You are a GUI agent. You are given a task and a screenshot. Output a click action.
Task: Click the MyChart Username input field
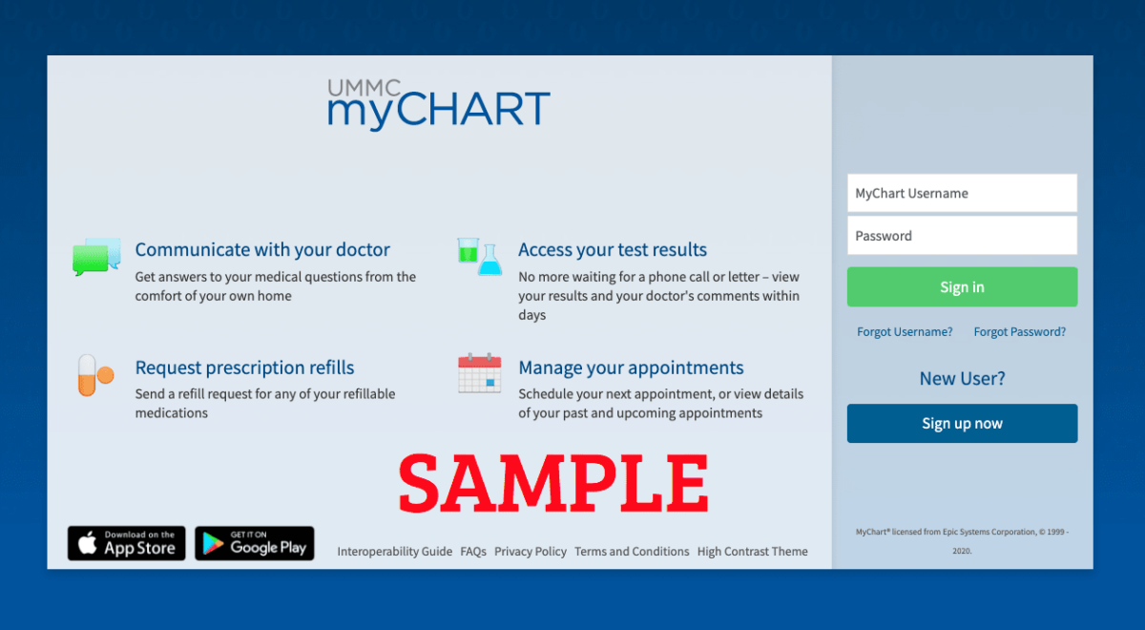click(x=962, y=193)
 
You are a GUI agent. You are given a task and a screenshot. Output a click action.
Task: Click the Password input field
click(x=962, y=235)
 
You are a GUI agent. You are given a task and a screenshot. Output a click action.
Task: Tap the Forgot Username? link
click(x=905, y=332)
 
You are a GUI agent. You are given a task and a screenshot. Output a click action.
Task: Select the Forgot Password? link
click(x=1020, y=332)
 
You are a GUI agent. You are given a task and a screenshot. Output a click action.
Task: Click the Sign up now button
click(x=962, y=424)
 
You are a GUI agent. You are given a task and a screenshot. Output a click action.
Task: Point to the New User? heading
click(x=962, y=378)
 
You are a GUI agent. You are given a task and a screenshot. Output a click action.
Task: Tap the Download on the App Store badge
click(x=127, y=543)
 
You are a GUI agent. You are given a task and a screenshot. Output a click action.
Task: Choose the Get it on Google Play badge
click(x=255, y=543)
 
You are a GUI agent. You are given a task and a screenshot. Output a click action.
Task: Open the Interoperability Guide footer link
click(x=395, y=552)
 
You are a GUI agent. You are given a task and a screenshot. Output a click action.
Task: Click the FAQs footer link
click(x=473, y=552)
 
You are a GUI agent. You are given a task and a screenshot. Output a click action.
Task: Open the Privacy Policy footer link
click(x=531, y=552)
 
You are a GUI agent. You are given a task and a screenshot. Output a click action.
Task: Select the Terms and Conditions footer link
click(x=632, y=552)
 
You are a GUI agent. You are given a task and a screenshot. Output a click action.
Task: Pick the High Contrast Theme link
click(x=753, y=552)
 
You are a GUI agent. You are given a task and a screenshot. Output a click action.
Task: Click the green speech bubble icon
click(x=91, y=260)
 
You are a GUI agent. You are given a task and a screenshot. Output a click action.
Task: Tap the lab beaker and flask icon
click(x=479, y=257)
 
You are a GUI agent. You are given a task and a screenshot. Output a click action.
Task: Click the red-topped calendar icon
click(x=479, y=373)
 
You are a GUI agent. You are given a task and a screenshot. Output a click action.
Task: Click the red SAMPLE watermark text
click(x=553, y=483)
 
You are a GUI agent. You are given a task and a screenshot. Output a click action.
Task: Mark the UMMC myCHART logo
click(x=439, y=104)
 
